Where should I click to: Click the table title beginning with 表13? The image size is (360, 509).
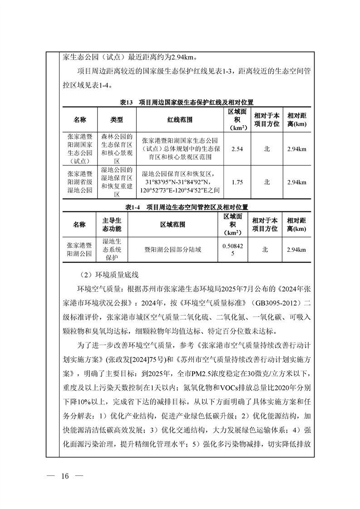tap(186, 102)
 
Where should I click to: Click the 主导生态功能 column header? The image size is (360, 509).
tap(112, 225)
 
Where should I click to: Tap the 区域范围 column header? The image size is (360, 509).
tap(173, 225)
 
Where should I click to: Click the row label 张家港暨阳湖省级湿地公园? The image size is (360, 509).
tap(80, 182)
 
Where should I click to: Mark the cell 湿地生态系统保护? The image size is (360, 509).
tap(112, 250)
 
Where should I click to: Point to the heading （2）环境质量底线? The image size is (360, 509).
tap(109, 275)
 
